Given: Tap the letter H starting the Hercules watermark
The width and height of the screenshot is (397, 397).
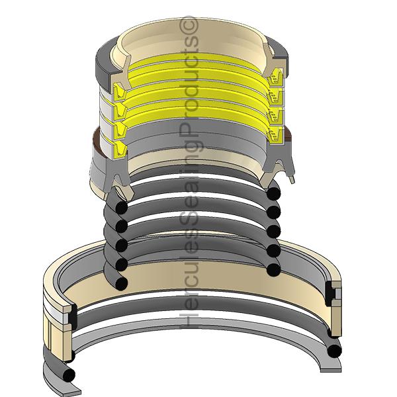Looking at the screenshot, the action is [x=188, y=320].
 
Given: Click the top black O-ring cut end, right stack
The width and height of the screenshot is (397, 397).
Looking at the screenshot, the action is [x=274, y=194].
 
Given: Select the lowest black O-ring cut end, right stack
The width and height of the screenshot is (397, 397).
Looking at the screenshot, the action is [x=274, y=270].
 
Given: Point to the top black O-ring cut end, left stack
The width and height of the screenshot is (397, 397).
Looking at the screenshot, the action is [x=121, y=207].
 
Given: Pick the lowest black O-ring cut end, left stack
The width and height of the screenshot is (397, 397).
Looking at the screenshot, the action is [x=121, y=284].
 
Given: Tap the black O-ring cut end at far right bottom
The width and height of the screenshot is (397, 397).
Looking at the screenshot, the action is [x=334, y=351].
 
